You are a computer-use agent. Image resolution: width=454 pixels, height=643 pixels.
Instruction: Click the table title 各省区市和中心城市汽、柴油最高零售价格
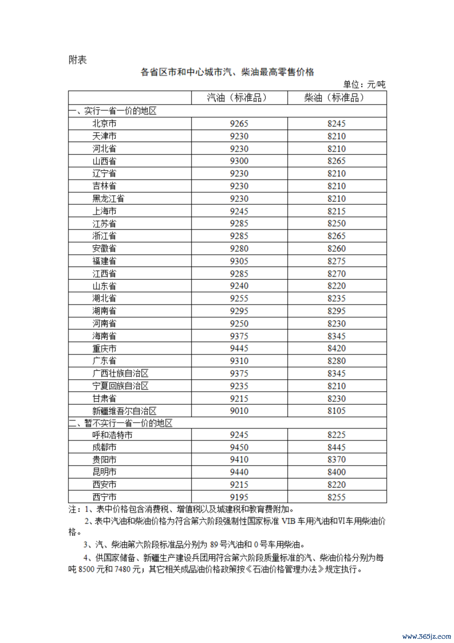[x=227, y=72]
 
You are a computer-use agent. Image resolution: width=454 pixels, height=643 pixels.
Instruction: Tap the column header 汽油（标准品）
[x=237, y=98]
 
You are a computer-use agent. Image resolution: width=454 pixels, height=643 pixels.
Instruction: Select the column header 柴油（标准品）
[x=334, y=98]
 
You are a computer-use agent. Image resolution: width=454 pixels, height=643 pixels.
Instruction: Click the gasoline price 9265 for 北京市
[x=239, y=124]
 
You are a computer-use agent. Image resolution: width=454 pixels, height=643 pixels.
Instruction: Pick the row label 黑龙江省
[x=108, y=199]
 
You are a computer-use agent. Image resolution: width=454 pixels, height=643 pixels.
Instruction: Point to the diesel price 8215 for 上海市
[x=336, y=211]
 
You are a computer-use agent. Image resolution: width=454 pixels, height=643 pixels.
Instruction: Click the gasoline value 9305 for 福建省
[x=239, y=261]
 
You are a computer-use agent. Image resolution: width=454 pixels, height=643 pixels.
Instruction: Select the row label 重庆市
[x=104, y=348]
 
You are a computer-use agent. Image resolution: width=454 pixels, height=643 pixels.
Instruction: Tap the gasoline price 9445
[x=239, y=348]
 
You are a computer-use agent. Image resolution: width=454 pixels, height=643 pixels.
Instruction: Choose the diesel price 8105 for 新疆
[x=336, y=411]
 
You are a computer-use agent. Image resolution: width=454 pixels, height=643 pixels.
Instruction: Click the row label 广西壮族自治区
[x=120, y=373]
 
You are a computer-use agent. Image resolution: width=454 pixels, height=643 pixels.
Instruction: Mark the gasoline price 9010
[x=239, y=411]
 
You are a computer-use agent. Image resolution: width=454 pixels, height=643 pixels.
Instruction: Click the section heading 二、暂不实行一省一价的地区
[x=121, y=423]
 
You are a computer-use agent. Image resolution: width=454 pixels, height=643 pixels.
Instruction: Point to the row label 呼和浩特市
[x=112, y=435]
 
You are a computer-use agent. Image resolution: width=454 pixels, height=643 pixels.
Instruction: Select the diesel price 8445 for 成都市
[x=336, y=447]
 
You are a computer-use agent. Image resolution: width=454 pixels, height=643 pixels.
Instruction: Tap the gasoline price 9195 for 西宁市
[x=239, y=497]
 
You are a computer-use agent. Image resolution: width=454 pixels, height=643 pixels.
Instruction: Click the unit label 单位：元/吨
[x=364, y=85]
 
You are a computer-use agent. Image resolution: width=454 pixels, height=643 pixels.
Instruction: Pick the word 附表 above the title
[x=77, y=60]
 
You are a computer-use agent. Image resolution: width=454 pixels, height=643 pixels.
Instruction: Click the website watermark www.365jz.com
[x=426, y=636]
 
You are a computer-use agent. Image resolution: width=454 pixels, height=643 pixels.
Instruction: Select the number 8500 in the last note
[x=87, y=569]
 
